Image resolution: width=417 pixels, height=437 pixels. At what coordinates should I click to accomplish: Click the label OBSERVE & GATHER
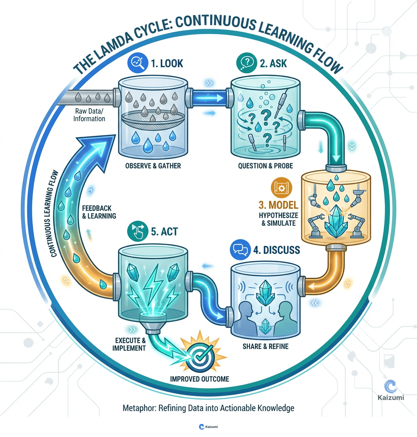pos(153,166)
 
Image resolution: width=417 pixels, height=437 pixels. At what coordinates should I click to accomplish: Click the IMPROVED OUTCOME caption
pos(199,379)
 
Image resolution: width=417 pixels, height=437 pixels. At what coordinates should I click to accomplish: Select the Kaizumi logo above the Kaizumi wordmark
pos(391,385)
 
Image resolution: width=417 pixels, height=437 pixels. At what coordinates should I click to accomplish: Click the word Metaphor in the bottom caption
pos(136,408)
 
